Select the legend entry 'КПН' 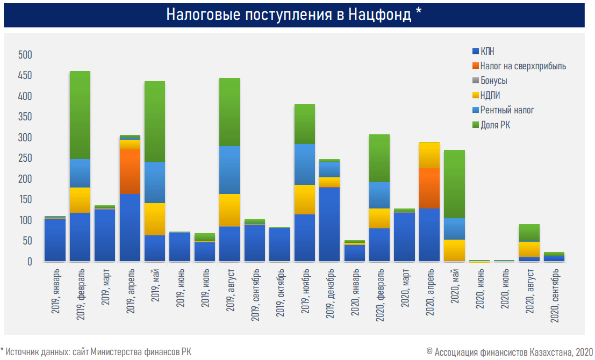[488, 52]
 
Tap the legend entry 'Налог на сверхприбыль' [523, 66]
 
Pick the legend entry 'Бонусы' [493, 81]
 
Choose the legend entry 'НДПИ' [491, 96]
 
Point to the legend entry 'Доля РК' [495, 125]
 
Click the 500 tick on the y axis [25, 55]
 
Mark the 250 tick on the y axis [25, 159]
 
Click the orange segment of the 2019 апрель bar [130, 171]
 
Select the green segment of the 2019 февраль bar [80, 114]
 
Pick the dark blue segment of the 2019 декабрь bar [329, 224]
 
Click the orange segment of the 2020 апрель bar [429, 188]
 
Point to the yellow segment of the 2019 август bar [230, 210]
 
